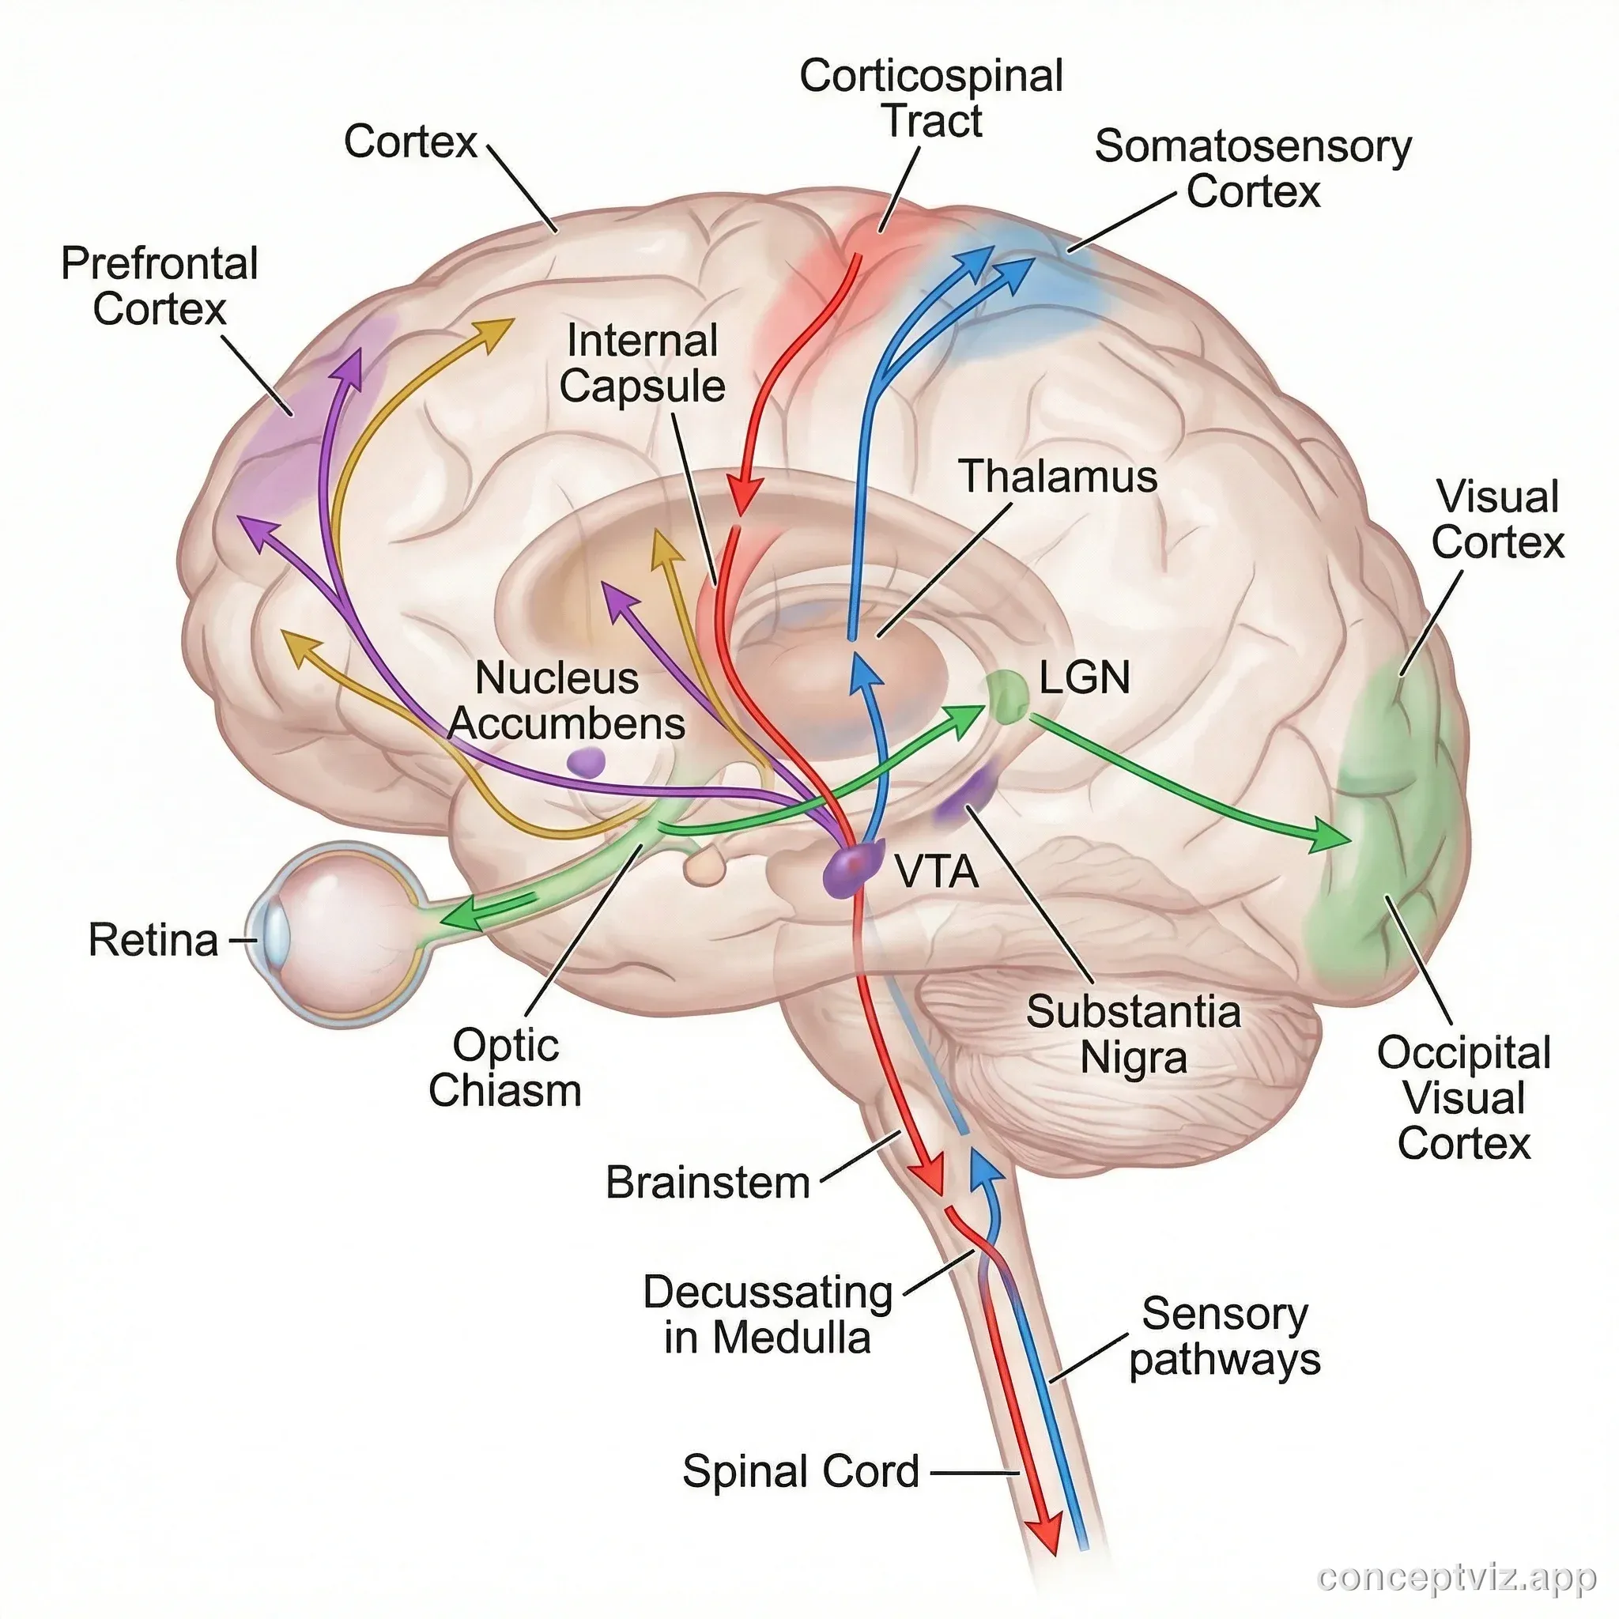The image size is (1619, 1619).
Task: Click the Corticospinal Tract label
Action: coord(931,98)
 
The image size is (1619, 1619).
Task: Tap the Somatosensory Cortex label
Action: coord(1252,168)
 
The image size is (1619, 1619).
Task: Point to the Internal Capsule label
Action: coord(642,364)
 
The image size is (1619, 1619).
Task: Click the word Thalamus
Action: coord(1058,476)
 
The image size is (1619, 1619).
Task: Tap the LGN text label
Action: coord(1085,677)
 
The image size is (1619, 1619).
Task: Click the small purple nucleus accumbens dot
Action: coord(586,762)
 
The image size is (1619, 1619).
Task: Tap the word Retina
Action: coord(153,940)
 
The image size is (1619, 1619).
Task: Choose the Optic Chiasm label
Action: coord(505,1067)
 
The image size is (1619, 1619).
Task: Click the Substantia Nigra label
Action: coord(1133,1034)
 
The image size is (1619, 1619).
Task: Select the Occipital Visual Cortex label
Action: coord(1463,1098)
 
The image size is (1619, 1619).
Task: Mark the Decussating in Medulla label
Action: coord(767,1314)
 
